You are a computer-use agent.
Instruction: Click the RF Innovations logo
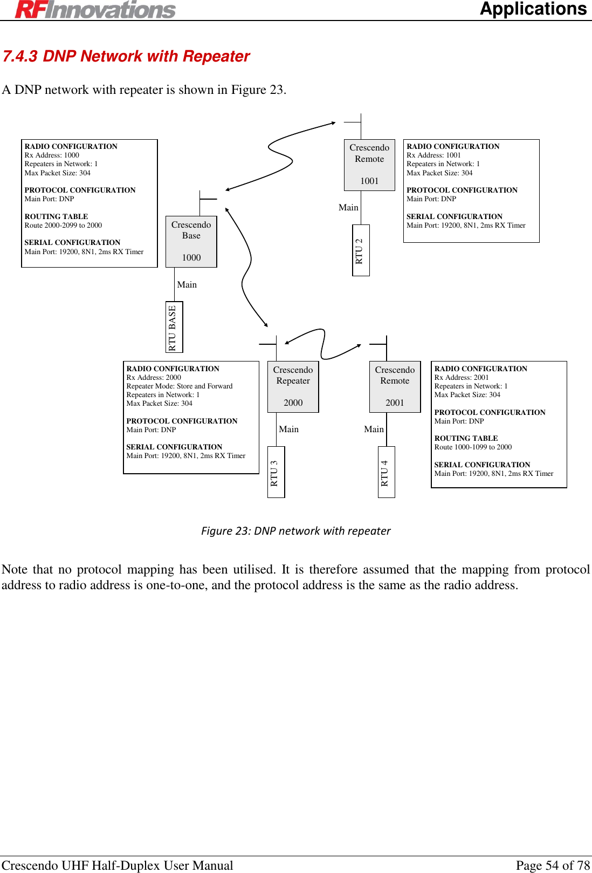click(95, 10)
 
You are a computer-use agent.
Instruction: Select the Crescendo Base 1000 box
click(191, 241)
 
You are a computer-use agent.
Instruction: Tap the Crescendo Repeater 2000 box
click(293, 386)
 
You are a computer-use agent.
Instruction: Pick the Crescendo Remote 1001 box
click(369, 165)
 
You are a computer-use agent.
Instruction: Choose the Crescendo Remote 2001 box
click(395, 386)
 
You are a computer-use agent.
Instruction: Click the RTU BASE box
click(173, 327)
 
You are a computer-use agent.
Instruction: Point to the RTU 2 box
click(360, 250)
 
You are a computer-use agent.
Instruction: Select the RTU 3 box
click(276, 472)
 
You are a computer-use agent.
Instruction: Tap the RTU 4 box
click(386, 472)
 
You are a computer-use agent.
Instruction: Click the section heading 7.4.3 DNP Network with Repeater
click(126, 56)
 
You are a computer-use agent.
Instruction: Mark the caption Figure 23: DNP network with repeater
click(295, 531)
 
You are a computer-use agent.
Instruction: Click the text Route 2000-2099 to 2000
click(63, 226)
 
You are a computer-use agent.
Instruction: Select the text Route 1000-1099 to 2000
click(473, 447)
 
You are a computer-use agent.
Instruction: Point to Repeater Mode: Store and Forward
click(180, 386)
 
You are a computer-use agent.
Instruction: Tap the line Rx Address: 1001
click(433, 155)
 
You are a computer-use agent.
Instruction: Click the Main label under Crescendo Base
click(187, 285)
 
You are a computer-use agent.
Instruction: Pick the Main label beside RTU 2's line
click(348, 208)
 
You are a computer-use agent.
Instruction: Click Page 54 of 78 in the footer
click(553, 865)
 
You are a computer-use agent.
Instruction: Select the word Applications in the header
click(533, 9)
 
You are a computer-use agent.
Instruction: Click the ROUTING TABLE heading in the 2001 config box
click(466, 439)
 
